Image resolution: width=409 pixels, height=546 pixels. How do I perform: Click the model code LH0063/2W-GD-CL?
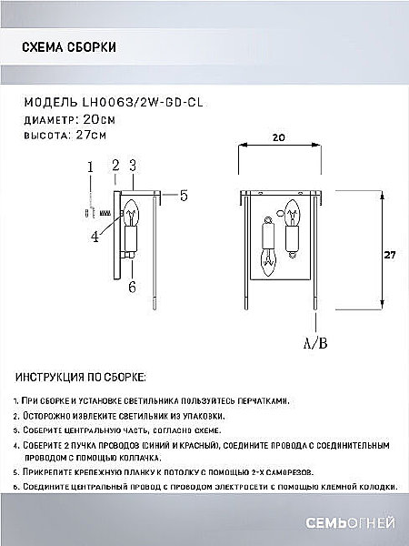click(140, 103)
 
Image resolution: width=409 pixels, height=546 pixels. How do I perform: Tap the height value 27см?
click(91, 135)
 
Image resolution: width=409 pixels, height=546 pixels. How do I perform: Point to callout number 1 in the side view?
click(90, 167)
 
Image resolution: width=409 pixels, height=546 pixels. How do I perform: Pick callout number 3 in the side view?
click(132, 166)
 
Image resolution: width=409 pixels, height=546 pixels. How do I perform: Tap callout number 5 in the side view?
click(183, 195)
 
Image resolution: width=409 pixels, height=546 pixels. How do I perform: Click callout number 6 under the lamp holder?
click(132, 287)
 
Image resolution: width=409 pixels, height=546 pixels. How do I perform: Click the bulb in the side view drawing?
click(131, 216)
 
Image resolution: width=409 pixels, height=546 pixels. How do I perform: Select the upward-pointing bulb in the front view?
click(293, 217)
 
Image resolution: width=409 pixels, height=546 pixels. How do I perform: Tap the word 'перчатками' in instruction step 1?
click(267, 401)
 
